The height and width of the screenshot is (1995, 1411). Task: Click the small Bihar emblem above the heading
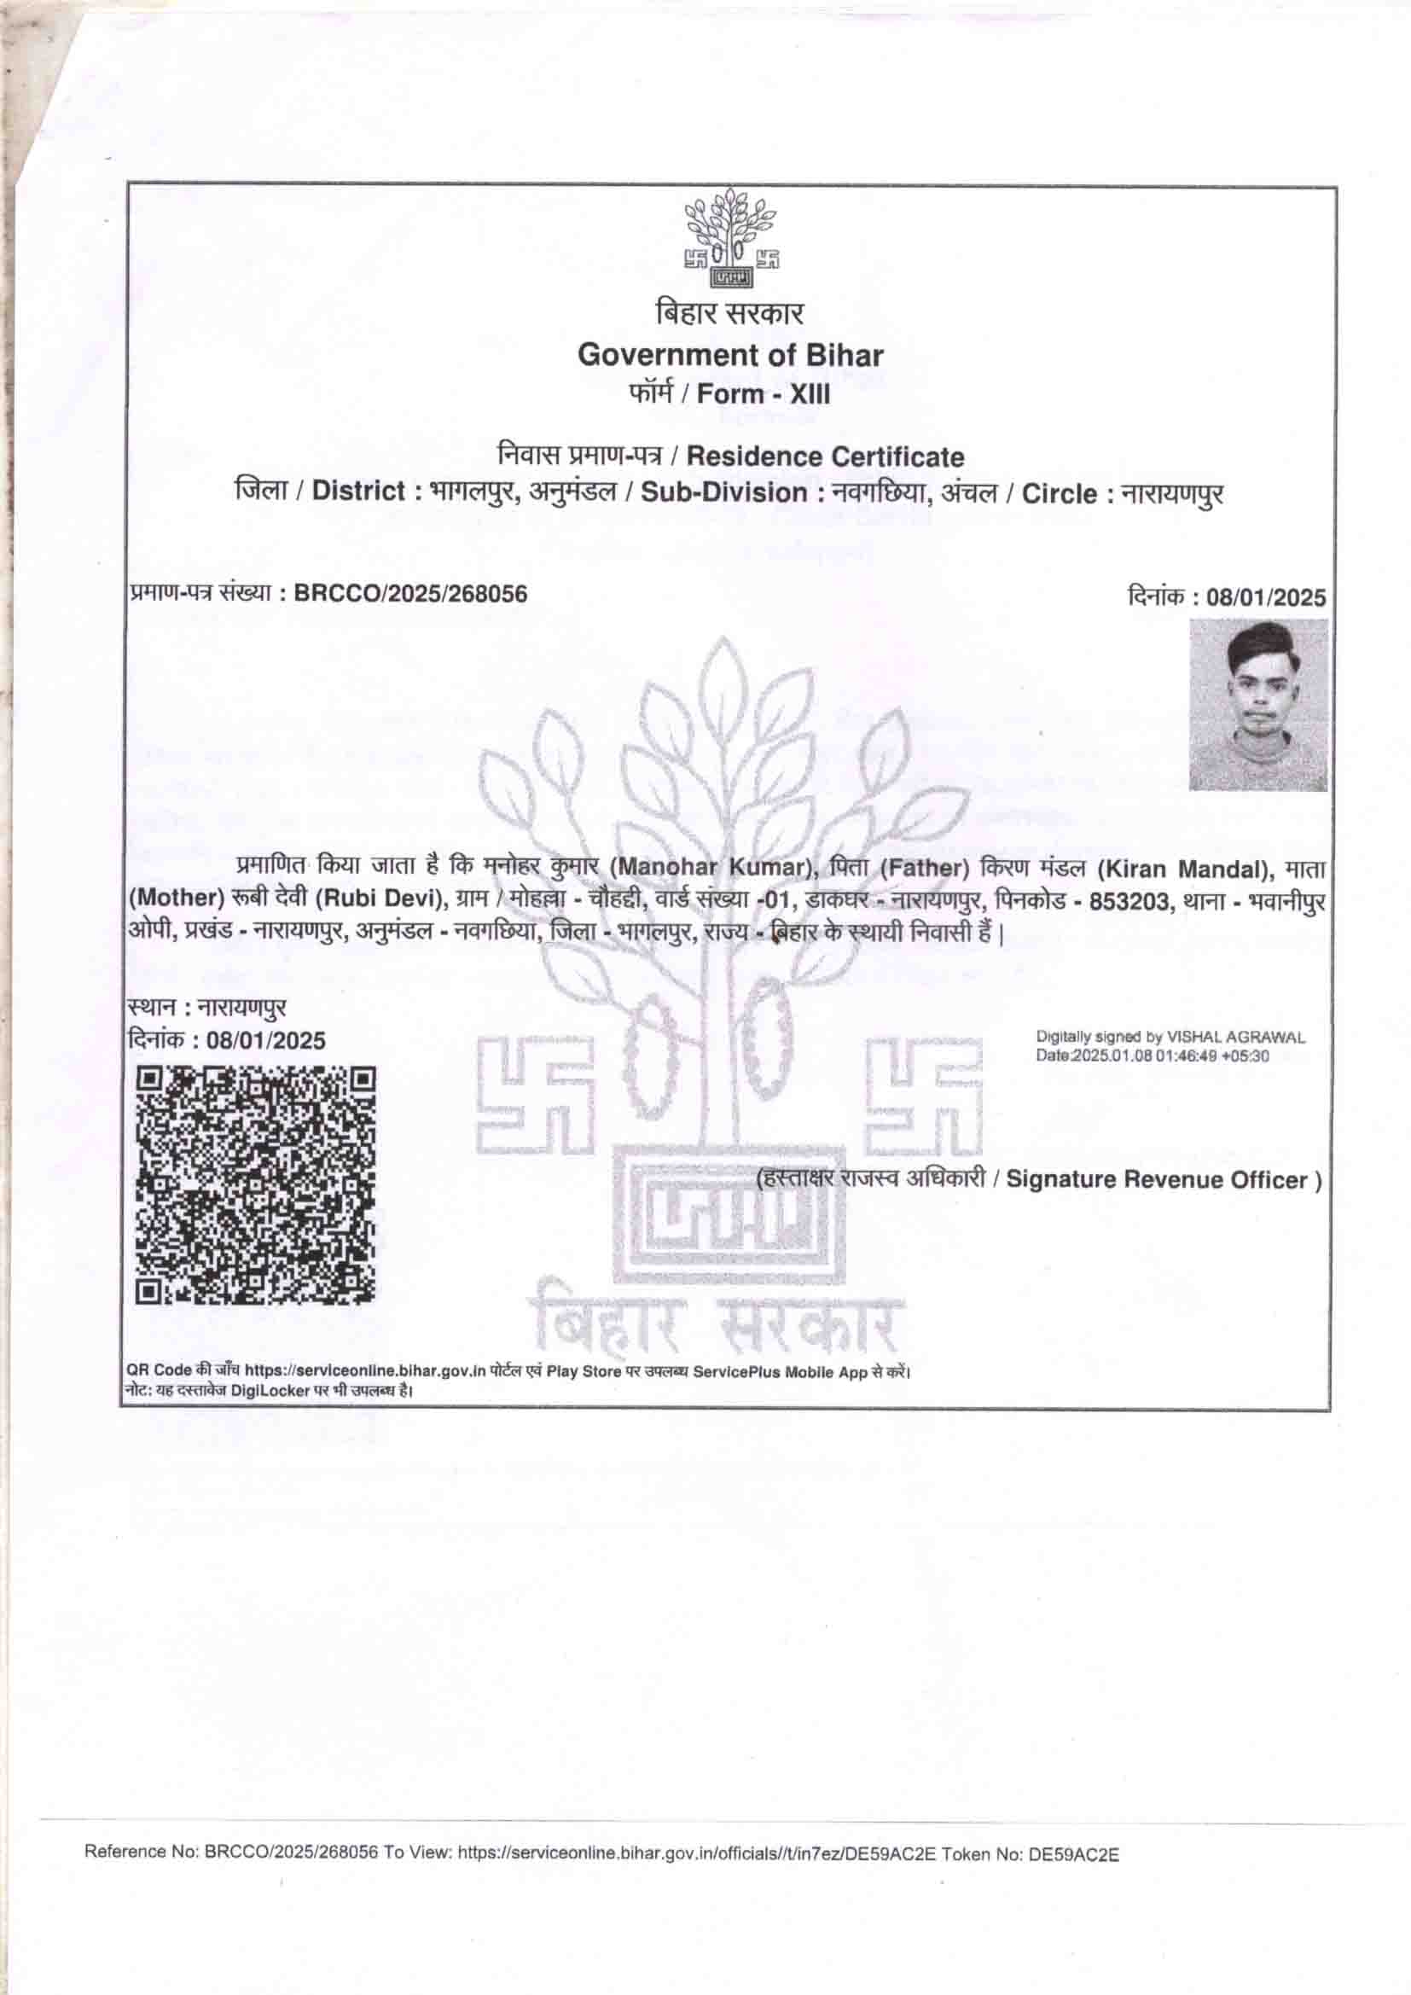[730, 237]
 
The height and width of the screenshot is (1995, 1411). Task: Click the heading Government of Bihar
[730, 355]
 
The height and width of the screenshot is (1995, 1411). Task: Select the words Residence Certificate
[826, 457]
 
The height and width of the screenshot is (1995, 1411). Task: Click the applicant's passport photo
[1257, 705]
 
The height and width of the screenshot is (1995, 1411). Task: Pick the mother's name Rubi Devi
[382, 899]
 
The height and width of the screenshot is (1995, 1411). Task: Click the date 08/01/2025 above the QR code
[266, 1041]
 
